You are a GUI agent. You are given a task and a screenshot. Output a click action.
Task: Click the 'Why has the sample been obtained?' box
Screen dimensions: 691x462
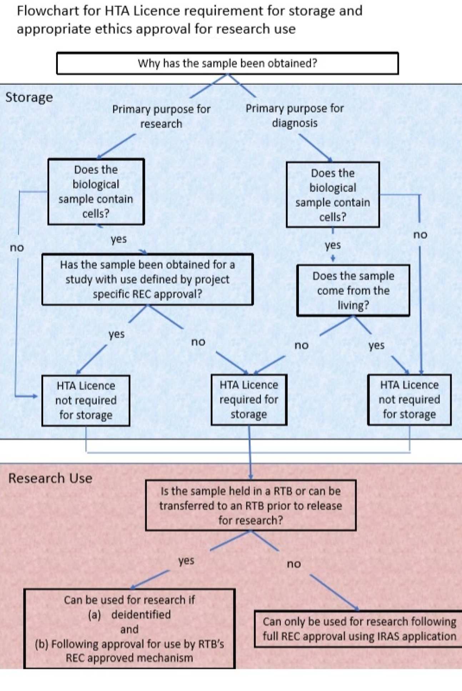[227, 63]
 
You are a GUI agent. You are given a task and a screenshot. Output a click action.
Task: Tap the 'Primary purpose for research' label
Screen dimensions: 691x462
[161, 116]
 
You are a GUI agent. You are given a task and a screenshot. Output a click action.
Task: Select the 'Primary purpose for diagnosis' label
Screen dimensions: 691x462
[295, 115]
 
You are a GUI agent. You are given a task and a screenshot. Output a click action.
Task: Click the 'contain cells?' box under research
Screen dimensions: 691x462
[96, 192]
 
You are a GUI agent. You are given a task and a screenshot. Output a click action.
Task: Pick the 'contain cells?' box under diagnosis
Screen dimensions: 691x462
[333, 195]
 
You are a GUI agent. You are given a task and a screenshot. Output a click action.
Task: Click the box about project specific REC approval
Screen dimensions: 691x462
[147, 279]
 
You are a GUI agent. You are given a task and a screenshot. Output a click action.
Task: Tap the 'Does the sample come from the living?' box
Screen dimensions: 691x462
[353, 290]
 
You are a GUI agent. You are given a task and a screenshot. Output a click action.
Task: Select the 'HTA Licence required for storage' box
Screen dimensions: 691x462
[249, 399]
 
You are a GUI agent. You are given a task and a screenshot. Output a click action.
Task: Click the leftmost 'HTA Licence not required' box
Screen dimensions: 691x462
[86, 401]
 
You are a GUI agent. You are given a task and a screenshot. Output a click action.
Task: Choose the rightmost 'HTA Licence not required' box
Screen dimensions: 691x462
[409, 399]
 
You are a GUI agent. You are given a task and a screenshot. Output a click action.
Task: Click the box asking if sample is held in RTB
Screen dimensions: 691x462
[251, 505]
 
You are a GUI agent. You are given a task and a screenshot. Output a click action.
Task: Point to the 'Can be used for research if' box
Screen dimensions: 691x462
[129, 628]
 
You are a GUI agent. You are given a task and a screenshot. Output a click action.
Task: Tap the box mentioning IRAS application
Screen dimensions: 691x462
[359, 629]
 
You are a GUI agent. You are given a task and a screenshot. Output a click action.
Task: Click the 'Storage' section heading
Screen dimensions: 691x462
[29, 97]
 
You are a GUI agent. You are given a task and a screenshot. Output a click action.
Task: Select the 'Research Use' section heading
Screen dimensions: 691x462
[50, 478]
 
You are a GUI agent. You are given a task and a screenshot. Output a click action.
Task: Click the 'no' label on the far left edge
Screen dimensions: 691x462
[17, 248]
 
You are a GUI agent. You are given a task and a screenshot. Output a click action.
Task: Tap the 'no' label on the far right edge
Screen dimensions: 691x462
[420, 235]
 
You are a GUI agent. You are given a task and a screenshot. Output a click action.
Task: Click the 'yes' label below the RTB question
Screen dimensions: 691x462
[186, 560]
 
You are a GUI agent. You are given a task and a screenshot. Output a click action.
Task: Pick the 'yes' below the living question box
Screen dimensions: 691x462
[376, 345]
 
